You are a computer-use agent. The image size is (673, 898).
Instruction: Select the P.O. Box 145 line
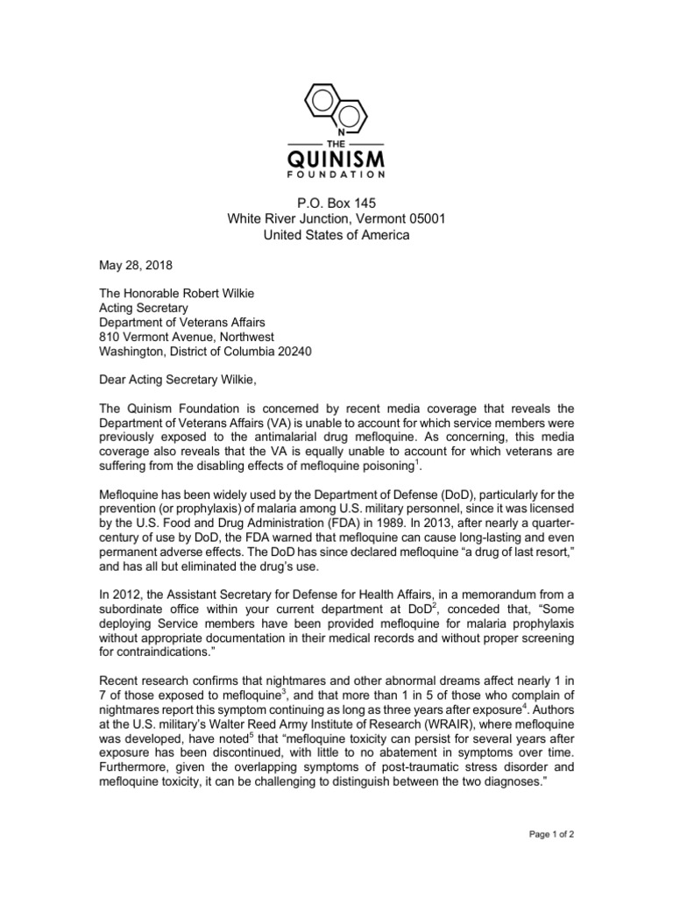pyautogui.click(x=336, y=201)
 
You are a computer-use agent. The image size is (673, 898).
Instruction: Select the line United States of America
pyautogui.click(x=336, y=235)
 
